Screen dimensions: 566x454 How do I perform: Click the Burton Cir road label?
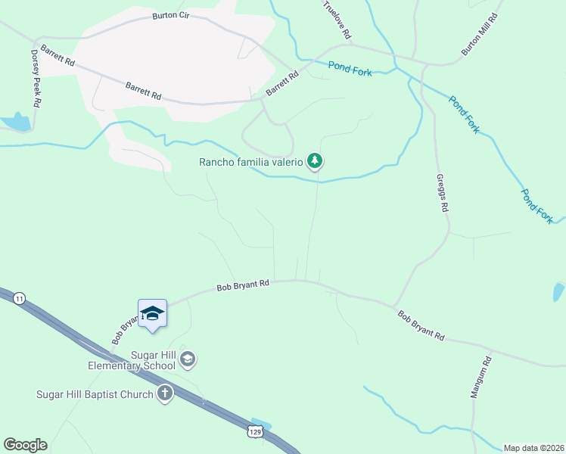point(170,15)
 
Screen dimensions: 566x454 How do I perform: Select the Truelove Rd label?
point(337,20)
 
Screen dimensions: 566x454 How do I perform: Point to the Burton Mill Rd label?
point(481,34)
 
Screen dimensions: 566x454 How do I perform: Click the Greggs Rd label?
point(443,194)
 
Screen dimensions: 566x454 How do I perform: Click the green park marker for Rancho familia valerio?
point(315,160)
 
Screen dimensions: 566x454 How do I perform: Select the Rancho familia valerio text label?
point(250,161)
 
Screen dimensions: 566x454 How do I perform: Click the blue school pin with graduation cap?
point(152,313)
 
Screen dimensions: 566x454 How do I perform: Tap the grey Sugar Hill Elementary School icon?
point(189,359)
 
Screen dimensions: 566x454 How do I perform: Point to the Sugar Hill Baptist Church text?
point(95,394)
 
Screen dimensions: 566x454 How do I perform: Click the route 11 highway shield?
point(18,299)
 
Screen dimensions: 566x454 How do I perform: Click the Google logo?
point(25,445)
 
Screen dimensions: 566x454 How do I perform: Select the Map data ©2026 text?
point(533,448)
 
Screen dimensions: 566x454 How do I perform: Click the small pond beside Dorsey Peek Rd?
point(15,121)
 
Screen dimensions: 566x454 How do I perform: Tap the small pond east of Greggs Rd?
point(558,291)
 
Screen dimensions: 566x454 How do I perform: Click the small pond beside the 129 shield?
point(261,421)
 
